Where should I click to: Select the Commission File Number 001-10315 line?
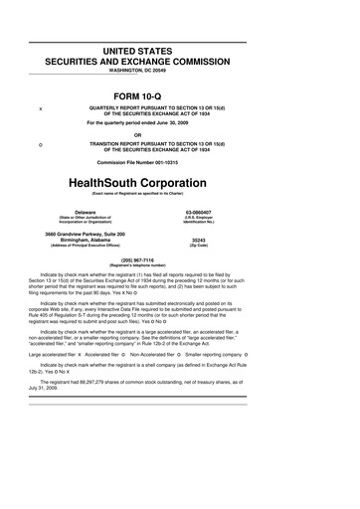click(179, 160)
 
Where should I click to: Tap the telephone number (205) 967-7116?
click(179, 260)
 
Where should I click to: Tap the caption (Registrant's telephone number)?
click(179, 266)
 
